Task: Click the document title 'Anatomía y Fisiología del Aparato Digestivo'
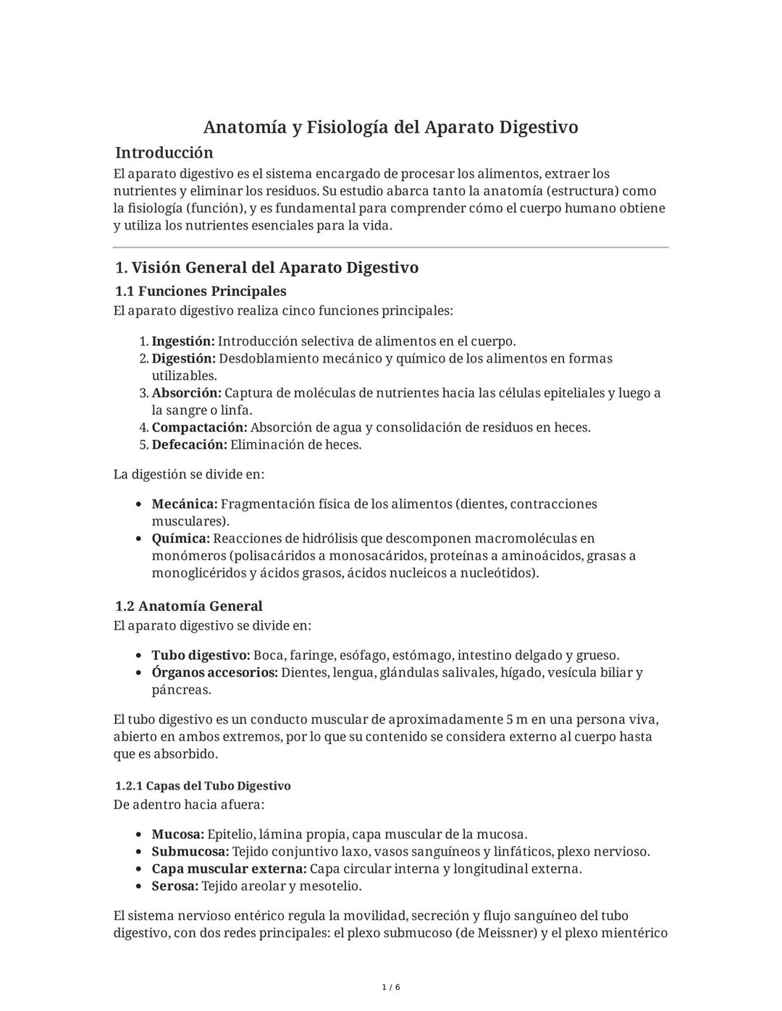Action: (390, 127)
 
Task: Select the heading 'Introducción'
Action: (164, 153)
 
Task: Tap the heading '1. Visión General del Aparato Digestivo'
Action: (266, 268)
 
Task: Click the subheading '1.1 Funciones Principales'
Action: (201, 291)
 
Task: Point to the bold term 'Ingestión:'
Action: (182, 342)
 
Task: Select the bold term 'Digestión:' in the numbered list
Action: (183, 359)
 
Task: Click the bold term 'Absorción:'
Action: (186, 393)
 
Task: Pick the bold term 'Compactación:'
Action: (199, 428)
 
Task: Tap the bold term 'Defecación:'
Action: (189, 445)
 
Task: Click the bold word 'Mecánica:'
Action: (184, 504)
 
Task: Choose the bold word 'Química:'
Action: (180, 538)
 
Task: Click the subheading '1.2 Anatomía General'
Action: (188, 606)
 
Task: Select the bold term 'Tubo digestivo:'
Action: (201, 656)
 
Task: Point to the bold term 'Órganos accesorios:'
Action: (214, 673)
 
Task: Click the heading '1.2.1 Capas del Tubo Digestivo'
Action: (203, 786)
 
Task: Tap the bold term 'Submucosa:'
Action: (190, 852)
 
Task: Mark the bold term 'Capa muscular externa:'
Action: (229, 869)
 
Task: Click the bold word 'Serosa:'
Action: (175, 887)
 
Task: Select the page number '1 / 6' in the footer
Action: (390, 988)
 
